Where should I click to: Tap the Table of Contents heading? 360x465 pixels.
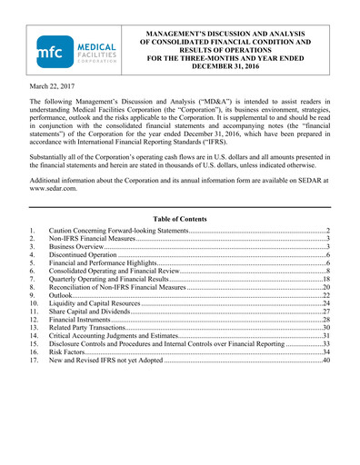(x=179, y=219)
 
